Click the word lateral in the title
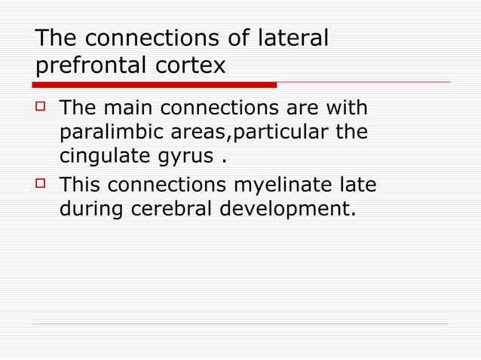[293, 38]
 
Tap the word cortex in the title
[190, 66]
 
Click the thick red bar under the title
[155, 84]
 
